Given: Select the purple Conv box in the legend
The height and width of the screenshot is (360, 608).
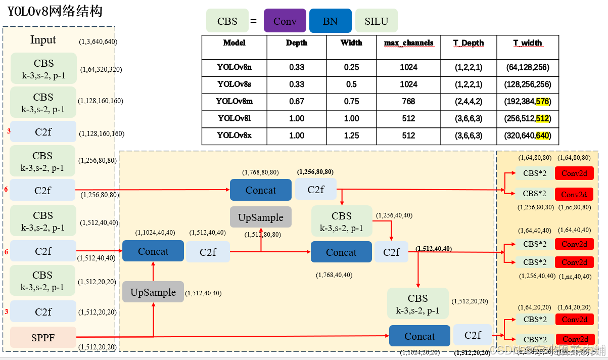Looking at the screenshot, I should pos(285,21).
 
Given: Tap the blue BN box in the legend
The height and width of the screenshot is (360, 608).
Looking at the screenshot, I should pos(330,21).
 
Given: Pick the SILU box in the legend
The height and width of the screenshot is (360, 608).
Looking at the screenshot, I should pos(376,21).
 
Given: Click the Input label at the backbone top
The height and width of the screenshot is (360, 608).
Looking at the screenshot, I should pos(43,40).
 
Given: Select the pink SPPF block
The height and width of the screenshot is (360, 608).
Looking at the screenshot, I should pos(43,337).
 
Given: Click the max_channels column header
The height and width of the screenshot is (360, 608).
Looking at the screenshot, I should pos(408,43).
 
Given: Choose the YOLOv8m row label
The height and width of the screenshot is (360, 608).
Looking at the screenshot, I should pos(234,101).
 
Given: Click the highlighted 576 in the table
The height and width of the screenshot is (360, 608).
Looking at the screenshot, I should pos(542,101).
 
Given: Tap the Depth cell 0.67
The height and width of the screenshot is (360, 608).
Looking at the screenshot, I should pos(296,101).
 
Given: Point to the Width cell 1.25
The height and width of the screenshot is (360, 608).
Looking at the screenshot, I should pos(351,136).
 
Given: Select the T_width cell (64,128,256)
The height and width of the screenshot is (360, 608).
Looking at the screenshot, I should pos(527,67).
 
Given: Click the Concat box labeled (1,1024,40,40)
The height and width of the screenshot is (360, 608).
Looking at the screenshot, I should pos(153,251).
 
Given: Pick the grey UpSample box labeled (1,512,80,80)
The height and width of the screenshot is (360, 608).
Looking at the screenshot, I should pos(260,217).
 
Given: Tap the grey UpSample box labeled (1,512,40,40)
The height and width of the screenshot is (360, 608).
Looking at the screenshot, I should pos(153,292).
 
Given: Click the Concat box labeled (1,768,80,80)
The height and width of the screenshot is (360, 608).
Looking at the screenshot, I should pos(260,190).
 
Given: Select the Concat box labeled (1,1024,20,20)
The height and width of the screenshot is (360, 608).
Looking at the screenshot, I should pos(419,336).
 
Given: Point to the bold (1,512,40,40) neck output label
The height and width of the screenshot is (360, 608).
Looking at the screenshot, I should pos(433,249).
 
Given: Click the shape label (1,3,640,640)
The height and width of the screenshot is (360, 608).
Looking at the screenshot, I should pos(98,42).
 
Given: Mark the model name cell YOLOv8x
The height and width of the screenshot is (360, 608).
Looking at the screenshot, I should pos(234,136).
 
